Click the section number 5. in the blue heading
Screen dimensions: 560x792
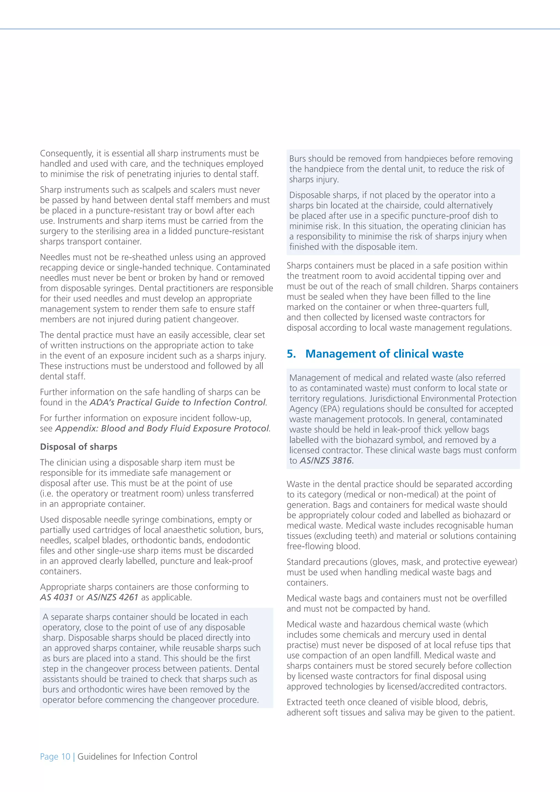[291, 354]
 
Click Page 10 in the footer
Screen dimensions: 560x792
[55, 756]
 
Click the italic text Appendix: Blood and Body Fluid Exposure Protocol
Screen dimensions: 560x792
[162, 429]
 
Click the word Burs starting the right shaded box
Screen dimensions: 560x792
[297, 159]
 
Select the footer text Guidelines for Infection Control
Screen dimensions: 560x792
[137, 756]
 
